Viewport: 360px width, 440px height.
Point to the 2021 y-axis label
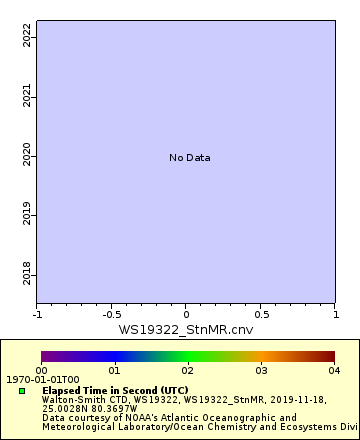click(x=27, y=97)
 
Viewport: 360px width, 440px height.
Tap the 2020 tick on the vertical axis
click(x=27, y=157)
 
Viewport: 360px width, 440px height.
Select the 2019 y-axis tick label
click(x=27, y=216)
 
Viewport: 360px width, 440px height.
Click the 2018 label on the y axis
click(x=27, y=275)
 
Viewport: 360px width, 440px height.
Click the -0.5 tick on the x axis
click(x=111, y=314)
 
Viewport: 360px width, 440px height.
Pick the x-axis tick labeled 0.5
click(x=260, y=314)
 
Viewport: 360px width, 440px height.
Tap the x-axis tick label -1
click(x=37, y=314)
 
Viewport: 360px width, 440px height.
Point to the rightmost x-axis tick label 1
click(x=335, y=314)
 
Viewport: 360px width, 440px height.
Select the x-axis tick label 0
click(x=186, y=314)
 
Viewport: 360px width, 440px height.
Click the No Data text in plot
click(x=189, y=158)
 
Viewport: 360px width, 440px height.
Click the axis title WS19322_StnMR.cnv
click(x=186, y=329)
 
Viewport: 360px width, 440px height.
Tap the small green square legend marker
click(x=21, y=390)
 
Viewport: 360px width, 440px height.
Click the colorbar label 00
click(x=41, y=370)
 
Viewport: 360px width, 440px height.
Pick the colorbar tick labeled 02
click(x=187, y=370)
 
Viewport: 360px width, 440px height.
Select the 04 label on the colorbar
click(x=333, y=370)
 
